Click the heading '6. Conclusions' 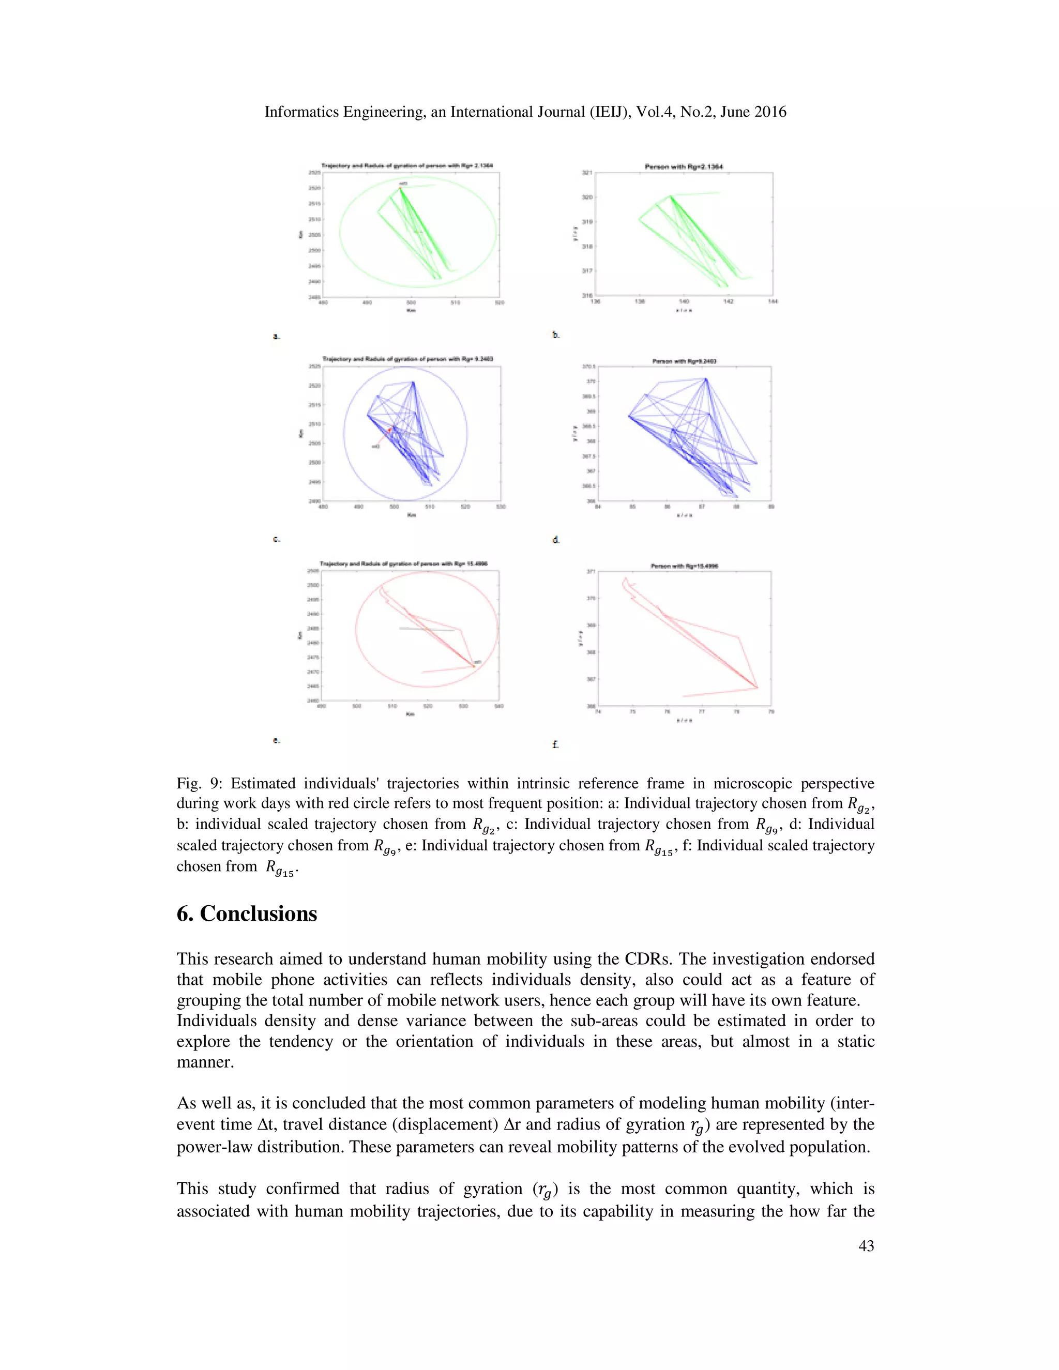pos(247,914)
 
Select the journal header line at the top pos(525,112)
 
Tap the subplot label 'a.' pos(277,337)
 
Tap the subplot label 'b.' pos(556,335)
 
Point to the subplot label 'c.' pos(277,539)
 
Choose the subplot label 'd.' pos(556,539)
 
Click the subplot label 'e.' pos(277,740)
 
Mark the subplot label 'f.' pos(555,744)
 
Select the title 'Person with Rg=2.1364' pos(684,167)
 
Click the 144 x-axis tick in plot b pos(773,302)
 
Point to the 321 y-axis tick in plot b pos(587,173)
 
